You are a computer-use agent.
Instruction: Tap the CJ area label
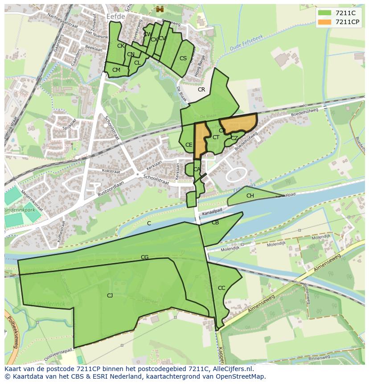tap(110, 295)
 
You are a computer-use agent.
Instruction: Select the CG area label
tap(144, 257)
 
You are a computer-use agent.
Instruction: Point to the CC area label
tap(221, 288)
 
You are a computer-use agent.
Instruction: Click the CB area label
tap(215, 223)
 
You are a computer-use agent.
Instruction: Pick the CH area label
tap(250, 196)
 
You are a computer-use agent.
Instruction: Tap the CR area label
tap(201, 90)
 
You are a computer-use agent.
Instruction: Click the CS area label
tap(183, 58)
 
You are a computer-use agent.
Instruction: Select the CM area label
tap(116, 70)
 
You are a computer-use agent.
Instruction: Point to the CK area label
tap(121, 46)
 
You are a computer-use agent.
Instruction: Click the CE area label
tap(189, 145)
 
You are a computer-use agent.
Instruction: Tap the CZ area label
tap(234, 138)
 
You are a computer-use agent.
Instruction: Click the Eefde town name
tap(116, 16)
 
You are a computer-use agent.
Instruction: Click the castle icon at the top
tap(160, 9)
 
